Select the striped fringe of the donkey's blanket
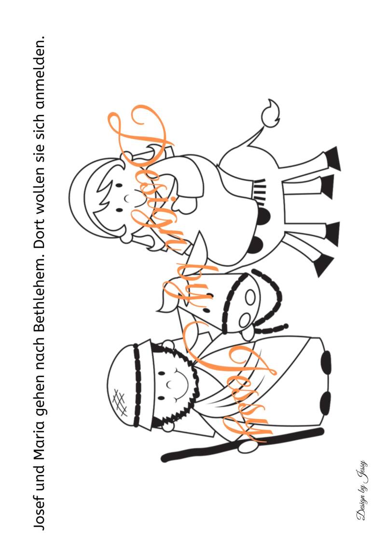261,190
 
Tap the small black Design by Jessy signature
361,490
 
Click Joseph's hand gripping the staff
248,446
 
